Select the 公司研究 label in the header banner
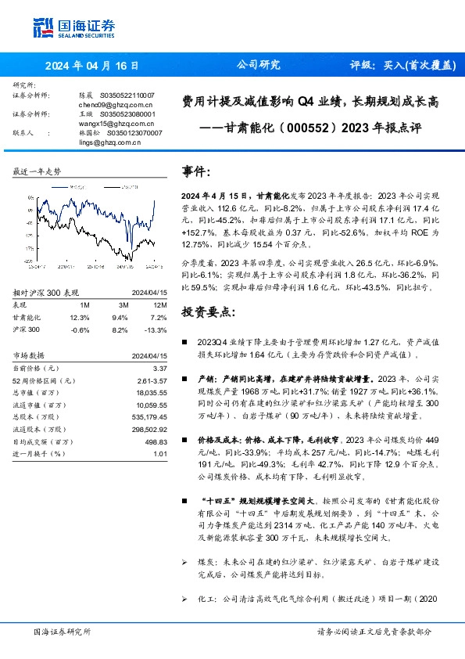click(257, 67)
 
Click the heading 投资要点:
click(208, 290)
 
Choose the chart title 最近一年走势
click(37, 171)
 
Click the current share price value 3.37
click(159, 366)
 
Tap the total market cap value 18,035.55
click(152, 391)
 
